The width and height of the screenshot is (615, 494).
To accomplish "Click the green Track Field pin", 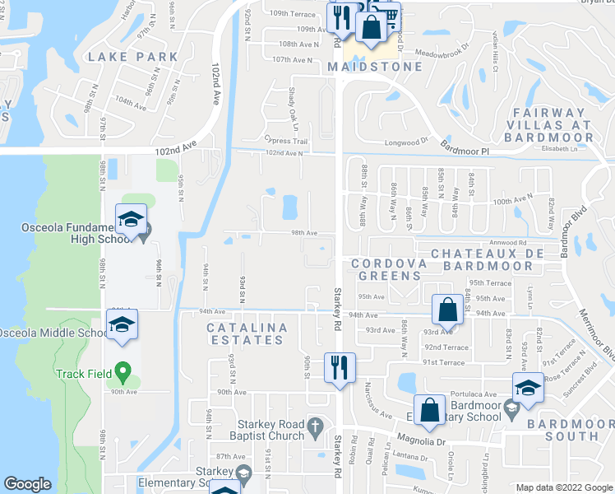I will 123,372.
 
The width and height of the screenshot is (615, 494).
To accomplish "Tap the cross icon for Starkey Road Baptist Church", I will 312,425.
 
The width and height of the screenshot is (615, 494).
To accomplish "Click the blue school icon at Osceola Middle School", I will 122,325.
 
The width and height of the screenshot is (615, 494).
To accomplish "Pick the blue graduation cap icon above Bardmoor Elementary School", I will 528,389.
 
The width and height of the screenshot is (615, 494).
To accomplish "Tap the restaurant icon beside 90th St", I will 339,368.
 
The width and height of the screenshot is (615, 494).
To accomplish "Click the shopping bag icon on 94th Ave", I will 446,310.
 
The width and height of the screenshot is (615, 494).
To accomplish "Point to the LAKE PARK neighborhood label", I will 132,57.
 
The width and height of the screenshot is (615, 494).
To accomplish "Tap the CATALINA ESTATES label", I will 247,333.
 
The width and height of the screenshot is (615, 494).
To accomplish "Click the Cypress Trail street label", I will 285,141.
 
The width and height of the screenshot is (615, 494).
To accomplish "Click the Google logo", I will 28,484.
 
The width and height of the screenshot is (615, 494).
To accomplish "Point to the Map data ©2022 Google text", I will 563,487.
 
